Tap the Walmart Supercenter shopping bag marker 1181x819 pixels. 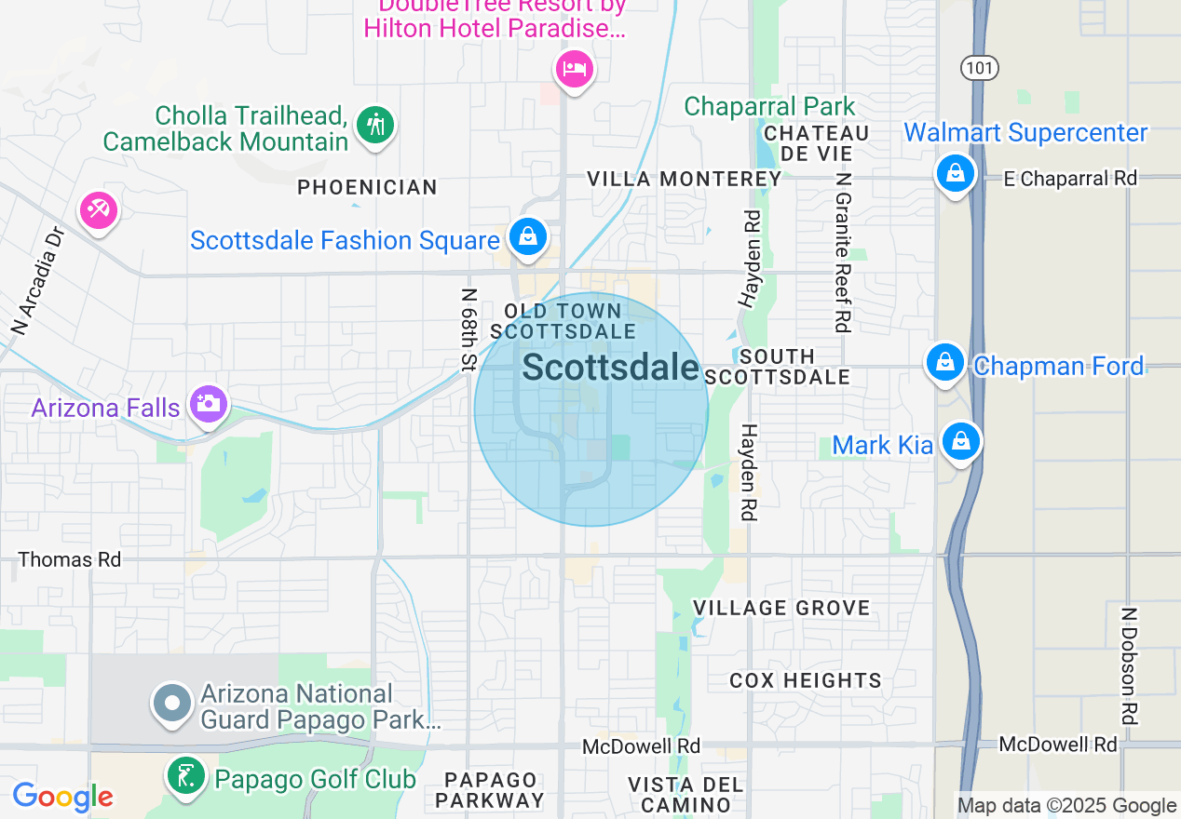click(955, 173)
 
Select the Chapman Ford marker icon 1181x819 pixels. click(945, 363)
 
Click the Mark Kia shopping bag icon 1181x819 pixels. click(960, 442)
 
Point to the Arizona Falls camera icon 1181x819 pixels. click(207, 404)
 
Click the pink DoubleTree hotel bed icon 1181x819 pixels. click(575, 69)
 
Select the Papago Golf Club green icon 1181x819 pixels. click(186, 776)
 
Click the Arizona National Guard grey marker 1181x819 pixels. click(172, 704)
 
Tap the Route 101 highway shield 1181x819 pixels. click(980, 67)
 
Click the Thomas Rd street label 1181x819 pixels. click(70, 559)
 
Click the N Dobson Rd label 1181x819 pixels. click(1129, 666)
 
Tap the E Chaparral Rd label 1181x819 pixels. click(1070, 179)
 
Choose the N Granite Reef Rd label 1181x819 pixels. click(844, 251)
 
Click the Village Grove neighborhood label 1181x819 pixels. click(781, 609)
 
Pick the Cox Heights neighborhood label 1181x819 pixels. click(805, 681)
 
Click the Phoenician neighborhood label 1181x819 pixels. click(367, 188)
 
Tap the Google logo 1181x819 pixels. click(62, 797)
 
